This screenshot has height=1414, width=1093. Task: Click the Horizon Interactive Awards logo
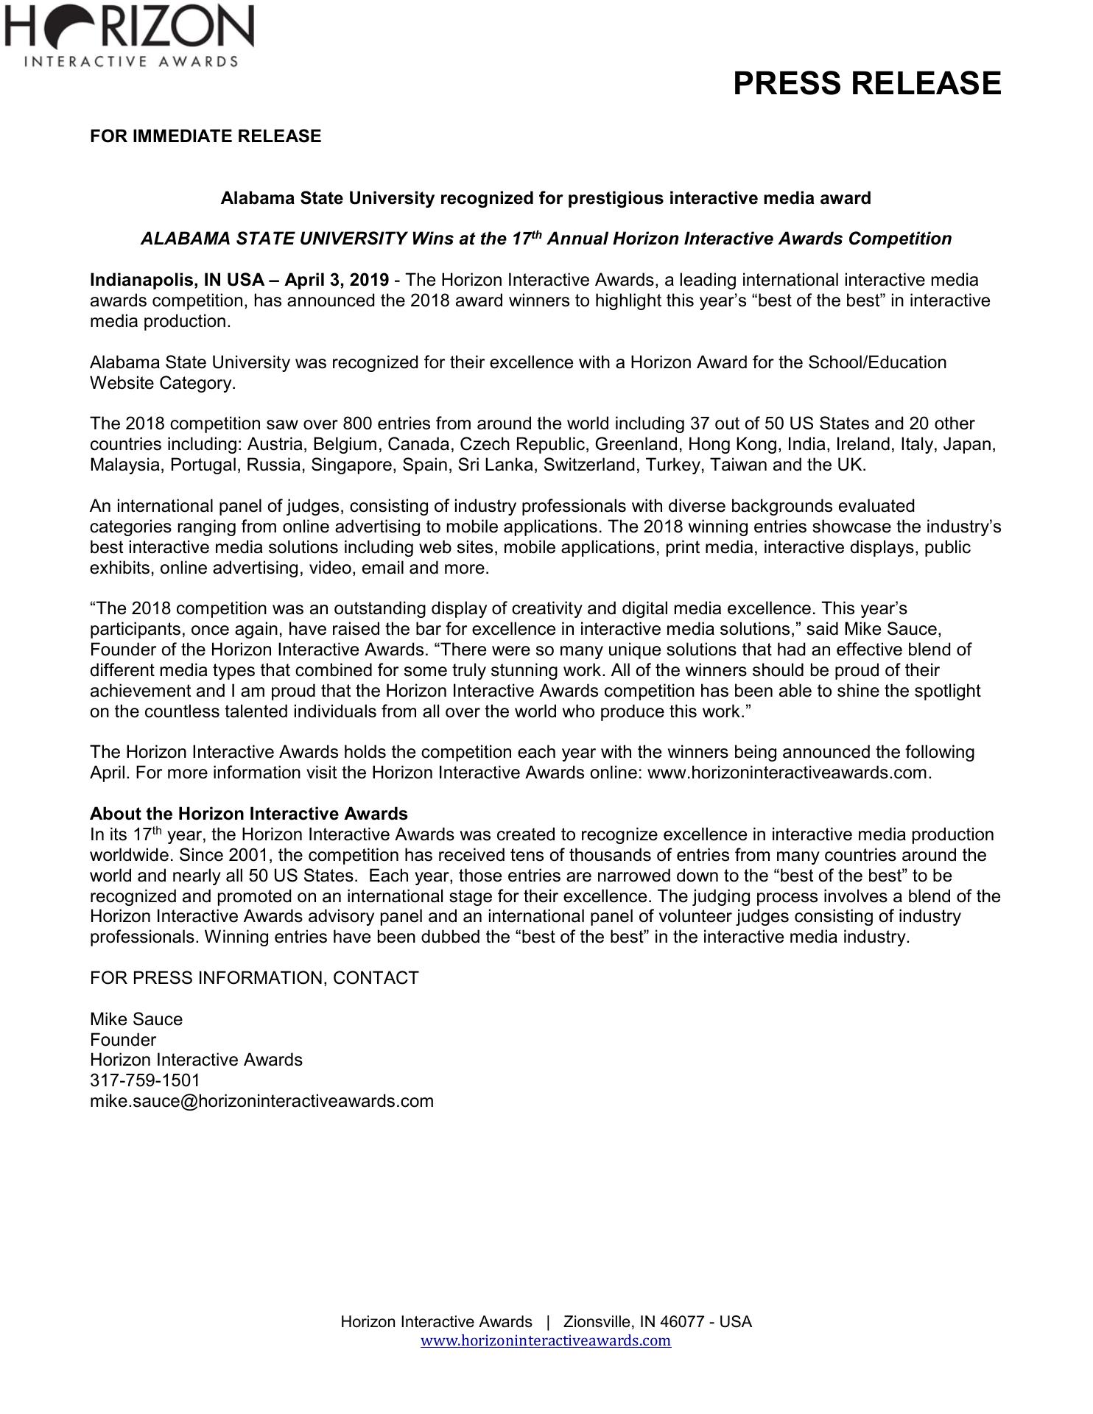129,35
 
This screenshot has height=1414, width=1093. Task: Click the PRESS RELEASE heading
866,83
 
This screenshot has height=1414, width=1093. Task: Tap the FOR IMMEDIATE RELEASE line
205,136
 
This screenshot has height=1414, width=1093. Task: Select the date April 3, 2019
337,280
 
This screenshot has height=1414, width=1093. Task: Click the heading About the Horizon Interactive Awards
248,814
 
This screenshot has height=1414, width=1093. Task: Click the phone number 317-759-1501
144,1080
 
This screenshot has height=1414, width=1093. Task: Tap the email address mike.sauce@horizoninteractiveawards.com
261,1101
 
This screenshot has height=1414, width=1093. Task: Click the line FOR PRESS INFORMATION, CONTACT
254,978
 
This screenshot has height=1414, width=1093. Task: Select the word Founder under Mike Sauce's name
123,1040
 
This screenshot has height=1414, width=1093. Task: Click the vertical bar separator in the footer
547,1321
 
